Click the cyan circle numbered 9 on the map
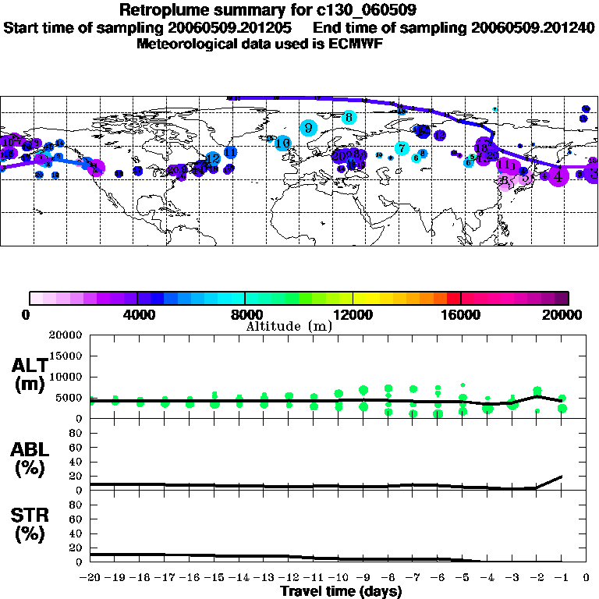[x=309, y=128]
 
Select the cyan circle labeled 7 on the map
[x=402, y=148]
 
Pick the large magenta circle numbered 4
[x=557, y=175]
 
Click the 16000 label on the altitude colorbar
[x=460, y=314]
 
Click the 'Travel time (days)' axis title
[x=341, y=591]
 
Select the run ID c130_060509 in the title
[x=354, y=10]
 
